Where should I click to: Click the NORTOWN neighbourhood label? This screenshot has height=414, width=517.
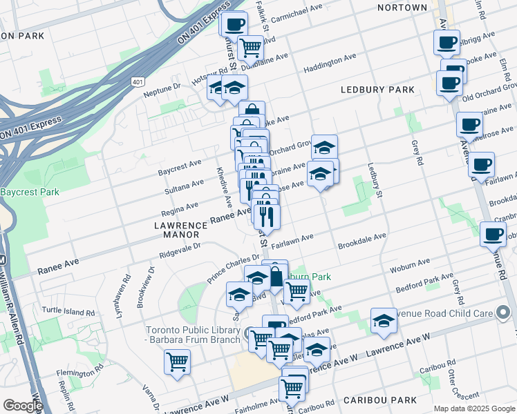[x=402, y=8]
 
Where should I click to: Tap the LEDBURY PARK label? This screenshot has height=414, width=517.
[x=377, y=90]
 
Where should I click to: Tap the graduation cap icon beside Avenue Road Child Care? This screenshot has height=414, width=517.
[x=384, y=321]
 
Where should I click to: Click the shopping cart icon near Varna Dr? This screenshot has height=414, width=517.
[x=178, y=360]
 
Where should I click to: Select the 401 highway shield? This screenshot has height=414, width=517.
[x=138, y=81]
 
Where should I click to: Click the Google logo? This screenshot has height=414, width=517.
[x=23, y=406]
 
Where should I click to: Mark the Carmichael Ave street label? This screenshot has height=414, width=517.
[x=297, y=11]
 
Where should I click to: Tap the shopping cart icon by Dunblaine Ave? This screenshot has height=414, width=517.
[x=250, y=48]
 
